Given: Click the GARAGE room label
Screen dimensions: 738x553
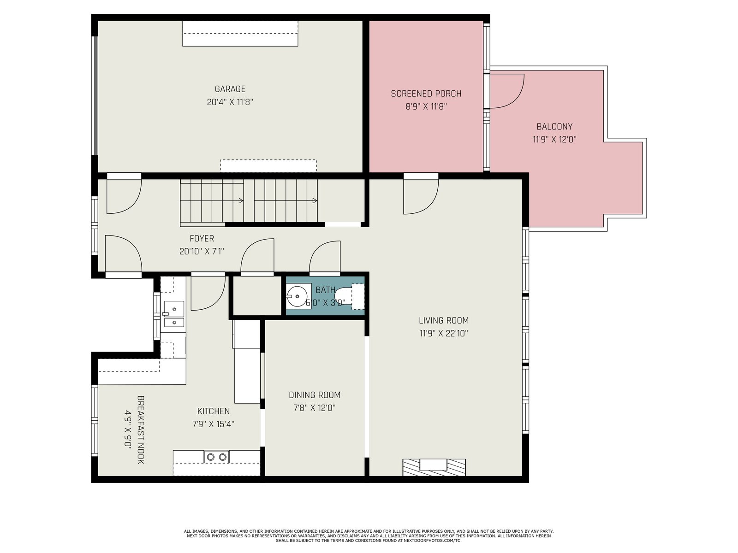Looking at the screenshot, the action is [x=230, y=89].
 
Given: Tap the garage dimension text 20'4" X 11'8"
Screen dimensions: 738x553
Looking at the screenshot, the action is [x=230, y=102].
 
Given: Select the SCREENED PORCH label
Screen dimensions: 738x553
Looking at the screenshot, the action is [x=426, y=94].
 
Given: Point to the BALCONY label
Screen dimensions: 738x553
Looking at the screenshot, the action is [x=554, y=127].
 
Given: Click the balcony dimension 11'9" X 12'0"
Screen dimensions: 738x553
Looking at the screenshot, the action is [x=554, y=139].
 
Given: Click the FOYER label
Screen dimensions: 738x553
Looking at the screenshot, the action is [x=202, y=238].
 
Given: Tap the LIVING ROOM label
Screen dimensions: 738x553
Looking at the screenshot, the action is [x=444, y=320].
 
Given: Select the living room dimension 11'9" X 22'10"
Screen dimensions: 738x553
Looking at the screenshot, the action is [x=444, y=333].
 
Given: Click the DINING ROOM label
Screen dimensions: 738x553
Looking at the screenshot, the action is [x=315, y=395].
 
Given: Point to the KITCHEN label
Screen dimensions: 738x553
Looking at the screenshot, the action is [x=214, y=411].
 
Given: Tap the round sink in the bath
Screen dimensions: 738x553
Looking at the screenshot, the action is [x=298, y=296].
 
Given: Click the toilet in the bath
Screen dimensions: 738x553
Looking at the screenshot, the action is [x=350, y=296].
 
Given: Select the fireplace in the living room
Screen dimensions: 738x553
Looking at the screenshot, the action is [x=434, y=467].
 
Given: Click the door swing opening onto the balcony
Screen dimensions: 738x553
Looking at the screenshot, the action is [x=507, y=91].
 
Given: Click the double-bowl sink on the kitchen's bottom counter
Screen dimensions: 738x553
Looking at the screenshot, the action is [x=217, y=457].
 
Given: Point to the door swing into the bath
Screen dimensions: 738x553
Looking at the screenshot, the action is [x=325, y=257].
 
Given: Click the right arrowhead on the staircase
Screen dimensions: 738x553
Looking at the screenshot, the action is [x=315, y=201].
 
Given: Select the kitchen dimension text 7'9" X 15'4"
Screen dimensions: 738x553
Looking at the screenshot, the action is [x=214, y=424].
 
